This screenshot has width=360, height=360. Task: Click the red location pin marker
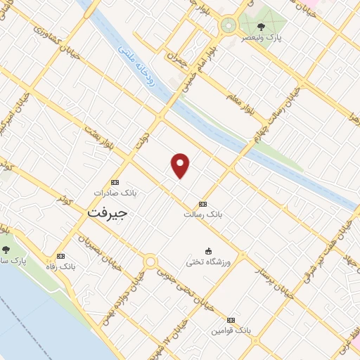pos(181,166)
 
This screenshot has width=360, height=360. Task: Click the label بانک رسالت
pos(202,213)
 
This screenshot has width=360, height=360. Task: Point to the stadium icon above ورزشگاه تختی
pos(208,251)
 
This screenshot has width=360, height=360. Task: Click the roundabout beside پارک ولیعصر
pos(228,27)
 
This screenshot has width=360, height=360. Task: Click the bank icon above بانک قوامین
pos(232,319)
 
